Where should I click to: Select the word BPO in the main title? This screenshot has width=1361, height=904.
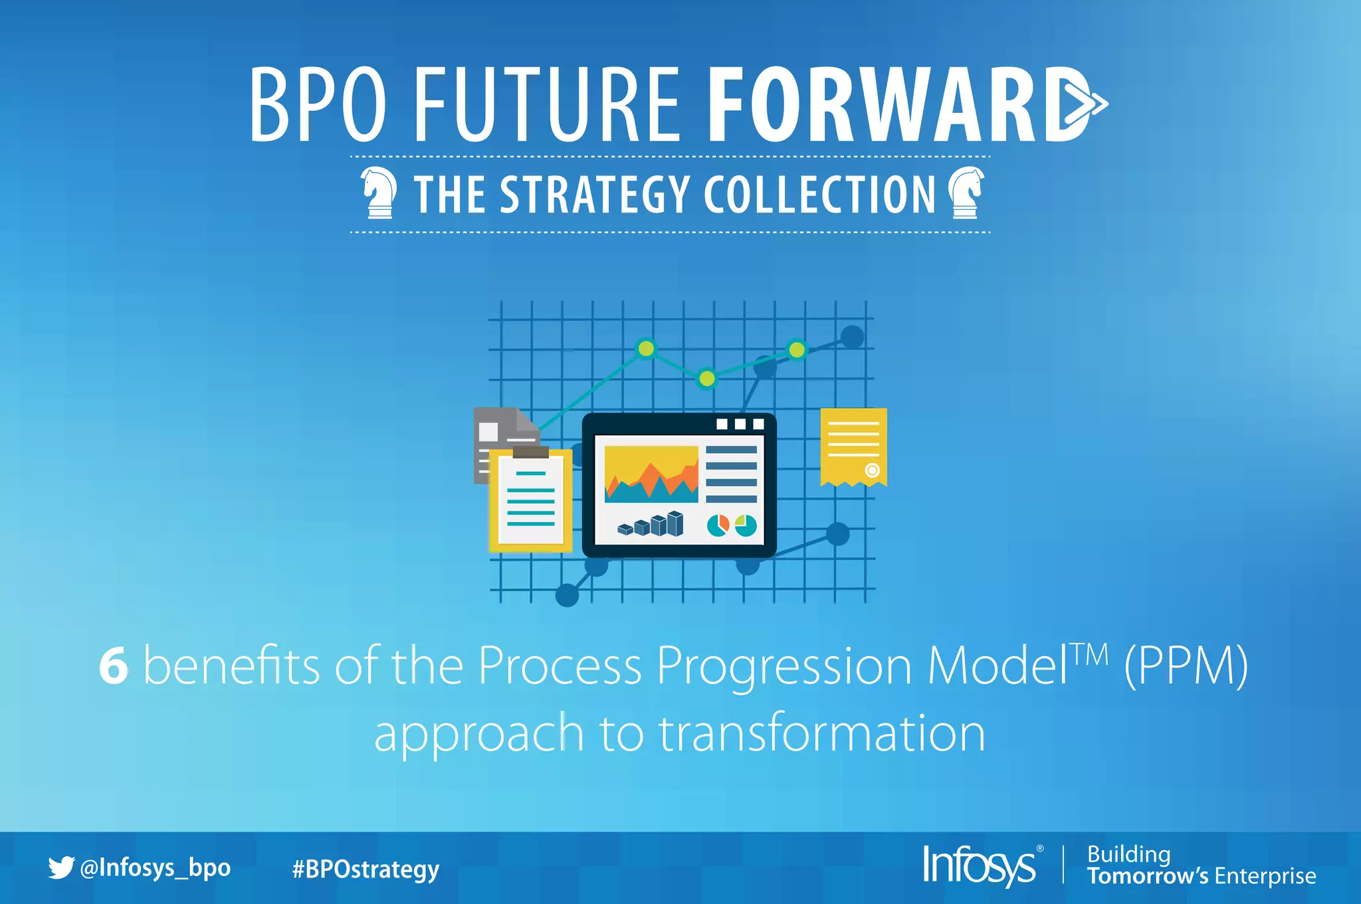(x=318, y=105)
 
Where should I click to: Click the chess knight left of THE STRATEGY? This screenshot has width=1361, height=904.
(x=379, y=193)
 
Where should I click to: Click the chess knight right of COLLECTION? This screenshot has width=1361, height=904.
(x=966, y=193)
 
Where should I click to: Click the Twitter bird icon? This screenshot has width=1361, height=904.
(x=60, y=867)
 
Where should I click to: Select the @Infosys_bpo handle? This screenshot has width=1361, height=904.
(x=155, y=868)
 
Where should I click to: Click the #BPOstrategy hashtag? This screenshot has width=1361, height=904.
(x=366, y=869)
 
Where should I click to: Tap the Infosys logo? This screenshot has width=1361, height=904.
(x=980, y=865)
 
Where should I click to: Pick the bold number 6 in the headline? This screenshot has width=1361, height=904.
(x=114, y=666)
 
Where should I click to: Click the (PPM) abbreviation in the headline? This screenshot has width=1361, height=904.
(x=1186, y=666)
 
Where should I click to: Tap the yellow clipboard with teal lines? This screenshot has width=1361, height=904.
(x=530, y=500)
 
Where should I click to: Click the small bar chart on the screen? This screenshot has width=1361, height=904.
(x=651, y=525)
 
